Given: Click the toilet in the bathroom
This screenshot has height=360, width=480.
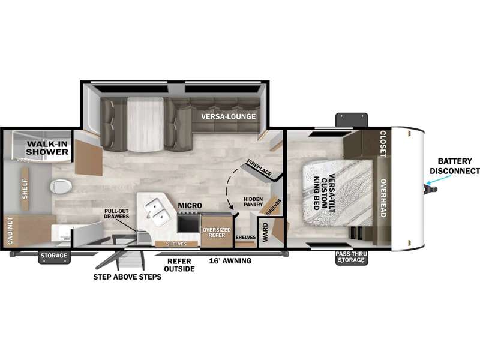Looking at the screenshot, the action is coord(61,186).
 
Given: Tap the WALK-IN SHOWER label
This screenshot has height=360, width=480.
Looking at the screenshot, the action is coord(47,148).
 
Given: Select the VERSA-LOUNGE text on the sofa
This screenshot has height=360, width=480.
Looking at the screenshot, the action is coord(229,116).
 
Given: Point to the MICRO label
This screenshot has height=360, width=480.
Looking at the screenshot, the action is coord(190,205).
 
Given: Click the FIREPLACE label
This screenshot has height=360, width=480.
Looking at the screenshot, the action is coord(259,168).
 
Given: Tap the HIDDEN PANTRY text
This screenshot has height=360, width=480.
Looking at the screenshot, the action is coord(253,202).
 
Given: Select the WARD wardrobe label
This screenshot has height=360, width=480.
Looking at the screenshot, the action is coord(265,232).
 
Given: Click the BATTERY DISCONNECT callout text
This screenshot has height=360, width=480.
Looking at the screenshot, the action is coord(455,166).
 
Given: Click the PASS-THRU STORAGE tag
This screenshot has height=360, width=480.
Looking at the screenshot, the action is coord(351,257).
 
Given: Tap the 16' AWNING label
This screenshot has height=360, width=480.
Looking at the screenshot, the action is coord(230,261).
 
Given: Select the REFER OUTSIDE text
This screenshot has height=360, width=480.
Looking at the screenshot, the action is coord(179,265).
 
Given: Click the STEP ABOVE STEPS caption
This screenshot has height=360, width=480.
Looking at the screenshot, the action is coord(127,277).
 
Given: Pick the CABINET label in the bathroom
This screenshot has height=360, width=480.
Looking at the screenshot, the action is coord(10,231).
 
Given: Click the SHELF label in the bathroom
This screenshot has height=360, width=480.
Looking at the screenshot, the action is coord(25,189).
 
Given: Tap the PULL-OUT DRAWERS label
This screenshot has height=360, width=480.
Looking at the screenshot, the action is coord(116,214).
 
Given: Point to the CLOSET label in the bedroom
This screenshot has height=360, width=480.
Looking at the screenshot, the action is coord(383,143).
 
